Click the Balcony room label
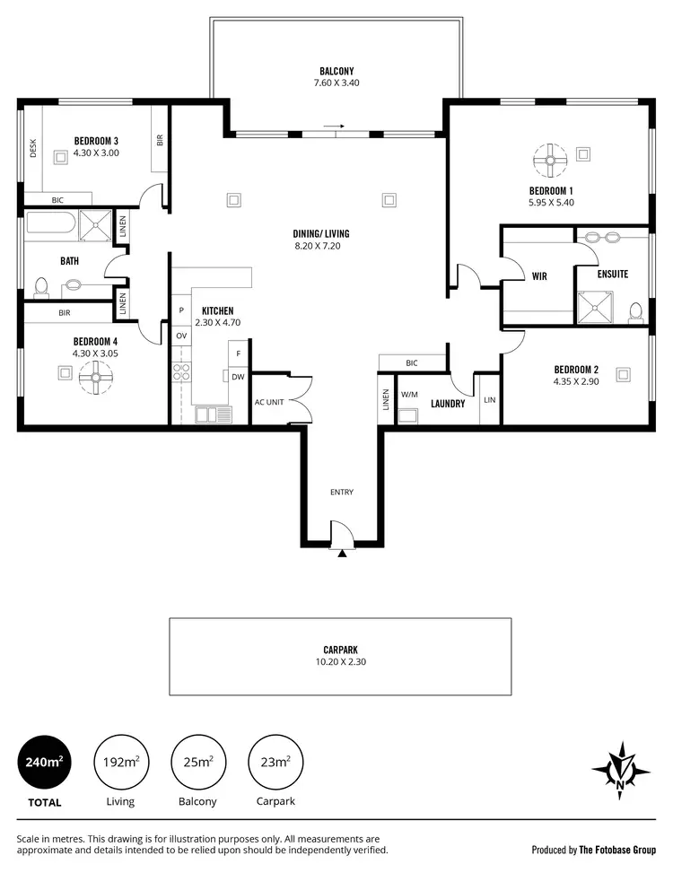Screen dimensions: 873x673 coord(336,71)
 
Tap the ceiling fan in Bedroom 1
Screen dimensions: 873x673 coord(549,161)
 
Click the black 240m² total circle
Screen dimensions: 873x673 coord(42,762)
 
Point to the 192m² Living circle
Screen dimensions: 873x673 coord(119,762)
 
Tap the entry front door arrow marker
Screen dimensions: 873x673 coord(342,554)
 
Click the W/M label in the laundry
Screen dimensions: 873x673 coord(408,394)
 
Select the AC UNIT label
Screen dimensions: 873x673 coord(269,402)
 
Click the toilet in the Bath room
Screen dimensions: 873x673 coord(40,286)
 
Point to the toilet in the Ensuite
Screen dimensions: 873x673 coord(635,311)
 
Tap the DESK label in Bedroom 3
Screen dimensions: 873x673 coord(33,148)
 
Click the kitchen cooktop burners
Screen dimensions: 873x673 coord(181,371)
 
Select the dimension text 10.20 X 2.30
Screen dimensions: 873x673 coord(340,662)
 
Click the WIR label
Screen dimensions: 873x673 coord(538,276)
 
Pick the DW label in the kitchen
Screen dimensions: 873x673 coord(238,377)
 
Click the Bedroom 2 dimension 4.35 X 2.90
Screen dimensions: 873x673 coord(575,381)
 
